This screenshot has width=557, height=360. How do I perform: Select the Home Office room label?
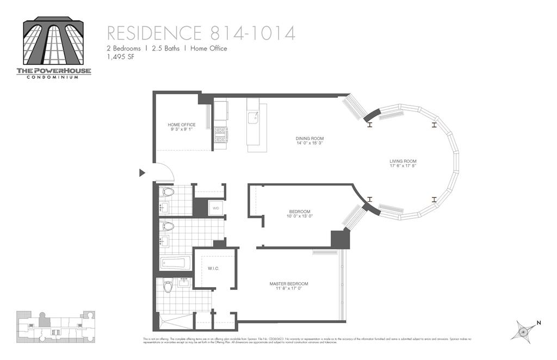tap(181, 125)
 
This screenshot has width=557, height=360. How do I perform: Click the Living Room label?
tap(403, 162)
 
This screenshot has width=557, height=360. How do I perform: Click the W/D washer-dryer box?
tap(215, 208)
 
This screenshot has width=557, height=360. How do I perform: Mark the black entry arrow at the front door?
tap(143, 173)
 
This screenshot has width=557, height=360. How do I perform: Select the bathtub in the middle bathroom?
tap(175, 264)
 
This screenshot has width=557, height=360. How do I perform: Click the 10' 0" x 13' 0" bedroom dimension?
tap(299, 216)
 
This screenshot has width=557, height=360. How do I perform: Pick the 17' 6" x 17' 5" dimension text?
tap(403, 166)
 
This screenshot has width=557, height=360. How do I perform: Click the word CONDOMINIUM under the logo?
tap(53, 77)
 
